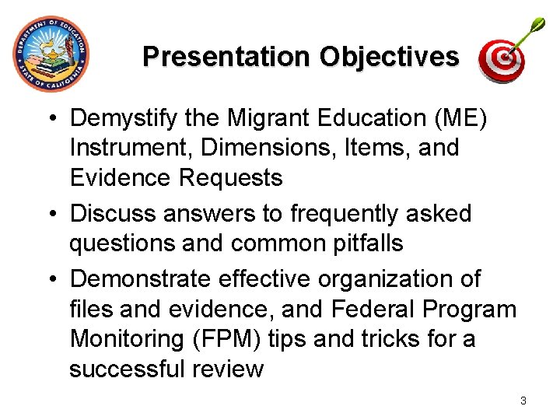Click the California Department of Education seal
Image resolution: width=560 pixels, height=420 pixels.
click(51, 54)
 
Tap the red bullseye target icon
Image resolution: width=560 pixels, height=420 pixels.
click(501, 60)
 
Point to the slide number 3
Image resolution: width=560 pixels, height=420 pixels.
click(523, 401)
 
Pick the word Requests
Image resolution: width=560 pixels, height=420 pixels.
click(230, 177)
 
